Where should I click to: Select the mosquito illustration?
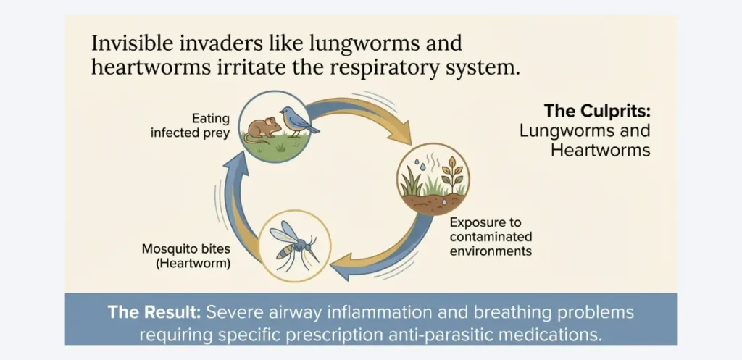pyautogui.click(x=293, y=244)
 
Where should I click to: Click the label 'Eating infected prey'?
pyautogui.click(x=201, y=125)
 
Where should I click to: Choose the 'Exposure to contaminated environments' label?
pyautogui.click(x=491, y=237)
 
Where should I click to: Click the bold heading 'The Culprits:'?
pyautogui.click(x=597, y=112)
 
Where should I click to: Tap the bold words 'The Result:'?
pyautogui.click(x=154, y=313)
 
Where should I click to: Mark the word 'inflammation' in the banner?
pyautogui.click(x=369, y=313)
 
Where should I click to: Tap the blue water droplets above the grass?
pyautogui.click(x=423, y=168)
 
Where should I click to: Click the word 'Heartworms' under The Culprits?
pyautogui.click(x=600, y=151)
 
